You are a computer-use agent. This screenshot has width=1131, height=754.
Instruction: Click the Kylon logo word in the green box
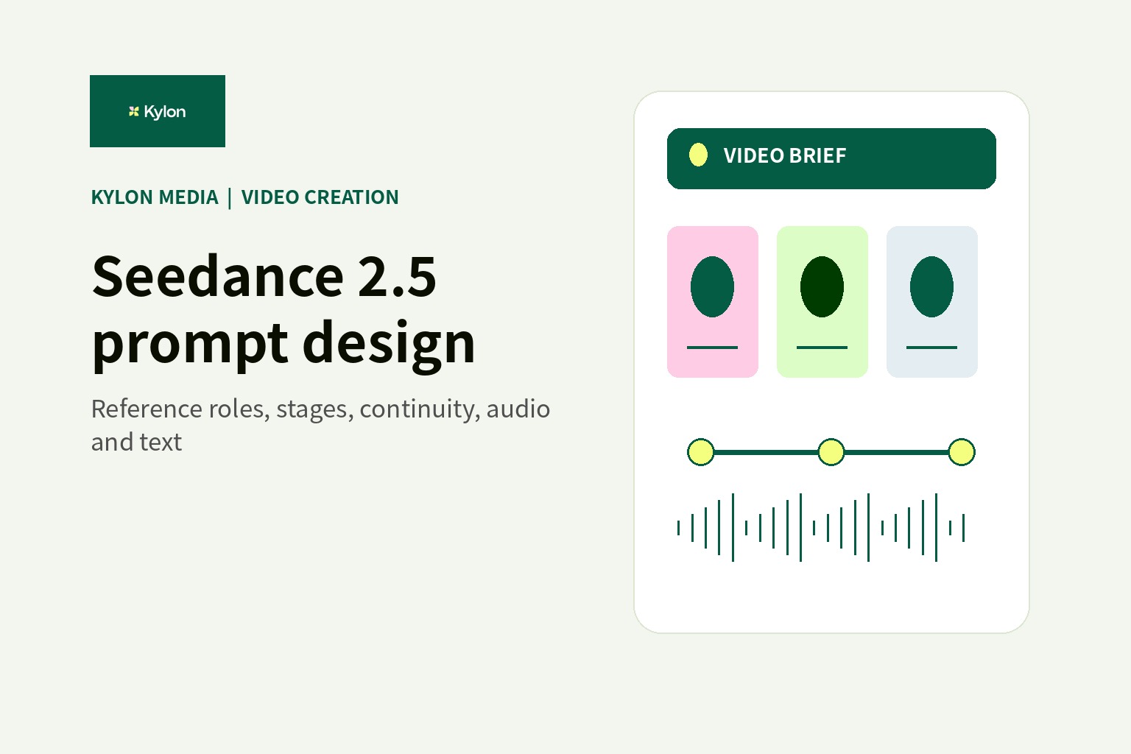coord(165,112)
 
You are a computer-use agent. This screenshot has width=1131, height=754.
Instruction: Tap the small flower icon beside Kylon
coord(134,111)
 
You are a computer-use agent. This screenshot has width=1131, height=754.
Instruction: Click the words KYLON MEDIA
coord(155,197)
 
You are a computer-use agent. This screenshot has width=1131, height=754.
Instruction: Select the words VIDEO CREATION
coord(320,197)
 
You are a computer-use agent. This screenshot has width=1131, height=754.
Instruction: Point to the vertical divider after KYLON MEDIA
coord(230,198)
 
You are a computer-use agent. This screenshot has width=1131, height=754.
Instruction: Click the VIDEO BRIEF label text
coord(785,155)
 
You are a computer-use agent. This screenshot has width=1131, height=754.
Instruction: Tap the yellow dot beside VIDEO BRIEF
coord(698,155)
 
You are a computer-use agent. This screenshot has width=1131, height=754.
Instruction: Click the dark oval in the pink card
coord(713,287)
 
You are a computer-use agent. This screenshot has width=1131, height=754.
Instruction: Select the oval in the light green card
coord(822,287)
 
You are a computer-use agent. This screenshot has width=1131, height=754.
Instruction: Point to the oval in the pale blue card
coord(931,287)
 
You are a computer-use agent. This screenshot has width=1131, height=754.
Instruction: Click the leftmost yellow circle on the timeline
coord(701,452)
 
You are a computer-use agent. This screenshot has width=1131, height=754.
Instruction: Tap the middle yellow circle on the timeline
coord(831,452)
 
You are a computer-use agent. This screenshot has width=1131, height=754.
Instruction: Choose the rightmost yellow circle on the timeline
coord(962,452)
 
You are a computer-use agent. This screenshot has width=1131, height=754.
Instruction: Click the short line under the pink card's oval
coord(713,348)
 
